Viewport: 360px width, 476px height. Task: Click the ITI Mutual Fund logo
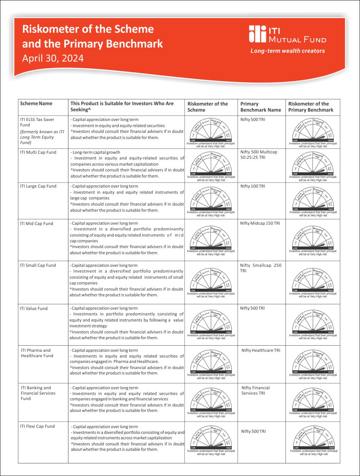287,34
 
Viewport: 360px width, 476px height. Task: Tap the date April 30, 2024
53,58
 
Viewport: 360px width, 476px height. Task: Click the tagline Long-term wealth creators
288,51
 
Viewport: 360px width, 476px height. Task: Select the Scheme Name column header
36,104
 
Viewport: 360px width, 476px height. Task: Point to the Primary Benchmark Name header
261,107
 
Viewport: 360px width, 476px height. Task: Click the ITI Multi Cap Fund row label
38,152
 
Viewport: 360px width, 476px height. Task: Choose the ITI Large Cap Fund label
38,186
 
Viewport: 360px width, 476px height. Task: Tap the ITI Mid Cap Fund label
36,224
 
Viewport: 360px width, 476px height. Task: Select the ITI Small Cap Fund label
38,265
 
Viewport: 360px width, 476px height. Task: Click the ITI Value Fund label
33,309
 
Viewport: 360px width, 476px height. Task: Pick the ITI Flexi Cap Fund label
37,426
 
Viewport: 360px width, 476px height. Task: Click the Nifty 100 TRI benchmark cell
253,186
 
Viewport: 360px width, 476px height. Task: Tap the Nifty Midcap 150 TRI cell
260,223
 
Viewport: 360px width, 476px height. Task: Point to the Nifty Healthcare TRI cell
261,350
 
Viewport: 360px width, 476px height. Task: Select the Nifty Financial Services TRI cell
256,390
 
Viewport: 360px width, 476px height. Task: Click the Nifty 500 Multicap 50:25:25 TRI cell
259,154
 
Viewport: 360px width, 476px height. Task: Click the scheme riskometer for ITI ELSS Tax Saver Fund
211,132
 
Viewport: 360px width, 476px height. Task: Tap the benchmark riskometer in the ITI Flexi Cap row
314,440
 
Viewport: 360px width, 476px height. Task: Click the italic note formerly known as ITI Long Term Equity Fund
42,137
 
